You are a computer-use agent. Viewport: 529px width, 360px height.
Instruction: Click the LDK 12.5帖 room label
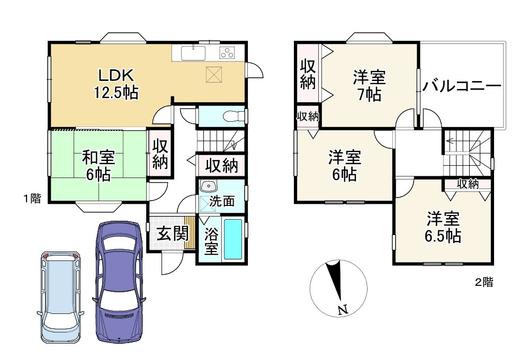tap(116, 84)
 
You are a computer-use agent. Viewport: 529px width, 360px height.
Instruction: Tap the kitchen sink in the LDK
tap(193, 53)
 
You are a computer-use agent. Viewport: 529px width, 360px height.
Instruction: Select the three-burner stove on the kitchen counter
tap(227, 52)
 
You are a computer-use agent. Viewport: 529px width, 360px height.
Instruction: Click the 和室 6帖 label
tap(98, 166)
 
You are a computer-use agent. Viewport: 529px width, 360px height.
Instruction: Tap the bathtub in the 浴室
tap(233, 239)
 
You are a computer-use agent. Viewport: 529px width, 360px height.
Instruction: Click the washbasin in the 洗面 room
tap(208, 186)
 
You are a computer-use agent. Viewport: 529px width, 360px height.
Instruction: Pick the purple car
tap(119, 282)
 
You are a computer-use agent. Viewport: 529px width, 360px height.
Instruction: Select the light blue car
tap(61, 297)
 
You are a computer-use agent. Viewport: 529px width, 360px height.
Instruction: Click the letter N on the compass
tap(343, 309)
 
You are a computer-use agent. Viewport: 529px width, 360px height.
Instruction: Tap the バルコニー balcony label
tap(462, 87)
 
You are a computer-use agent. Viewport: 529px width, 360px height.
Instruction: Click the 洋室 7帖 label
tap(369, 85)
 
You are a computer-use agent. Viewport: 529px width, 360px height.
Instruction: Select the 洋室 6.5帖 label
tap(443, 227)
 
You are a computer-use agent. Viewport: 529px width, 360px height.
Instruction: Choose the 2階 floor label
tap(484, 282)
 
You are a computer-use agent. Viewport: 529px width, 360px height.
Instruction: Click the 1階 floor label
tap(32, 199)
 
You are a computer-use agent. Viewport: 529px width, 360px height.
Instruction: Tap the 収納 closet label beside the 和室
tap(160, 154)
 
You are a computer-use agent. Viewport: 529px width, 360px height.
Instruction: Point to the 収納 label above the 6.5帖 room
tap(468, 184)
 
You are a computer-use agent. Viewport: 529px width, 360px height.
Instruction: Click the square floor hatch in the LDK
tap(214, 74)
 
